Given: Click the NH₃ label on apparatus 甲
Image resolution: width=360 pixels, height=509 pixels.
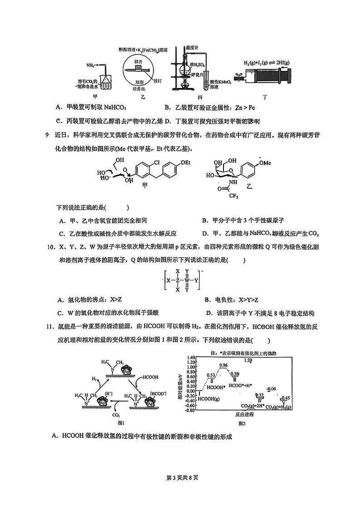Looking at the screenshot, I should (91, 66).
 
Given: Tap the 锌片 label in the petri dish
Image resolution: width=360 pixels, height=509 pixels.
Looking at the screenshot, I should (139, 60).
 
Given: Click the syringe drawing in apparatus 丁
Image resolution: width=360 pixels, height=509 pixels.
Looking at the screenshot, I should (263, 75).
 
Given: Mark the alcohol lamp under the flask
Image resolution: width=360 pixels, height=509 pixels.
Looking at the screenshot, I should (185, 85).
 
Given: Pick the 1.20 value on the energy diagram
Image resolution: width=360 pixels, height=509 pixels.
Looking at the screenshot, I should (248, 360).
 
